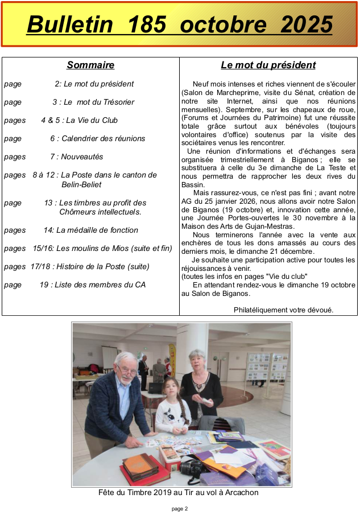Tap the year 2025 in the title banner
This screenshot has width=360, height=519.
[307, 24]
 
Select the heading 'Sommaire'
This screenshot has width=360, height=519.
[90, 65]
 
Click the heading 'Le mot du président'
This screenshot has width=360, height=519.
[268, 65]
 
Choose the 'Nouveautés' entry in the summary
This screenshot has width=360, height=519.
[82, 156]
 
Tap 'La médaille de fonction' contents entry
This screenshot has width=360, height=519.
[97, 230]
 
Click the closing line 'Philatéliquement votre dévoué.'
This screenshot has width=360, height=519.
[283, 310]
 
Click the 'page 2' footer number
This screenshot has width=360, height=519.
[180, 509]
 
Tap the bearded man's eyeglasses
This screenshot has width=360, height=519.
[127, 370]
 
